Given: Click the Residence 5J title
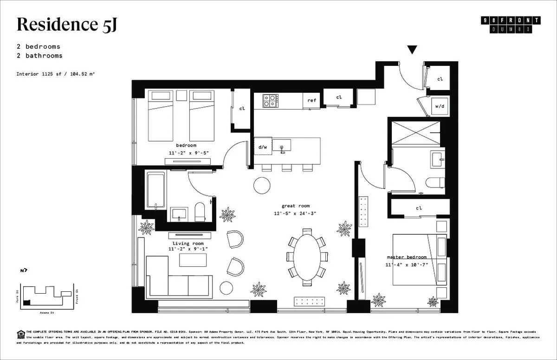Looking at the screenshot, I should (66, 25).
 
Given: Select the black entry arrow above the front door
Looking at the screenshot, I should (412, 50).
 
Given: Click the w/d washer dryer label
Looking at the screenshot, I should (439, 106).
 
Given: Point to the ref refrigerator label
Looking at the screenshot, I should (311, 100).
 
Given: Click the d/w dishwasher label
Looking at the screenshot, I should (263, 147).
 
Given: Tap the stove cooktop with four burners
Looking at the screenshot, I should (271, 101).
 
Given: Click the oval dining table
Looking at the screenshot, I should (307, 256).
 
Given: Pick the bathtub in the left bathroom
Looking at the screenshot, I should (155, 191).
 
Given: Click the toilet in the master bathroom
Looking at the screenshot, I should (435, 182).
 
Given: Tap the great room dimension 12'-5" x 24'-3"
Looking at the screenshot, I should (295, 213).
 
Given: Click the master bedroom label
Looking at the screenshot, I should (407, 257).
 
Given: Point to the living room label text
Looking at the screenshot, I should (188, 244).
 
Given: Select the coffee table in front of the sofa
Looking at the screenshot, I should (193, 260).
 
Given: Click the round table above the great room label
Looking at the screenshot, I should (262, 185).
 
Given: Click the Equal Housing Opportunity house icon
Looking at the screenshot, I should (20, 333).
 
